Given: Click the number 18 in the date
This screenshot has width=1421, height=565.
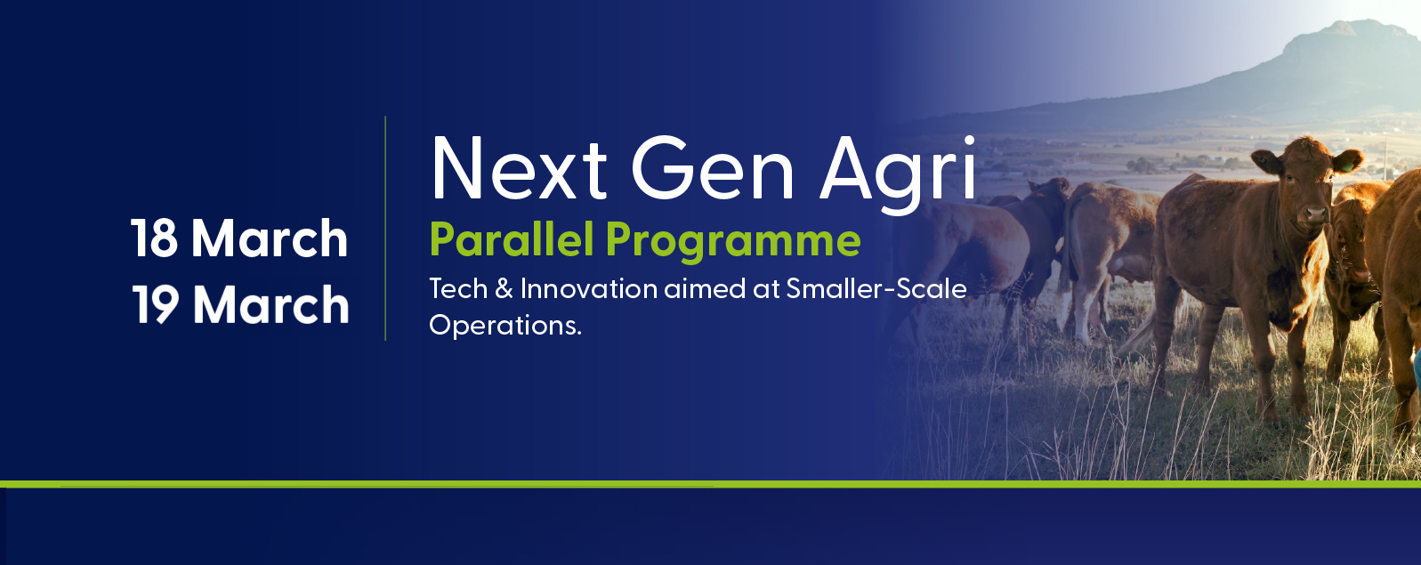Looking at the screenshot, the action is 154,238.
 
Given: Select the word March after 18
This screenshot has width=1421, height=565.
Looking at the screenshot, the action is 270,238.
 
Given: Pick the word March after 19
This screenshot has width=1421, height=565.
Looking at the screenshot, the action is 270,304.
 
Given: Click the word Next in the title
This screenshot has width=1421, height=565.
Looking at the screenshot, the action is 519,168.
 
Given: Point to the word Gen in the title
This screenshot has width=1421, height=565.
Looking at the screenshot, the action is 713,168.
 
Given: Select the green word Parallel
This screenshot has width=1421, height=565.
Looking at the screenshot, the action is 512,239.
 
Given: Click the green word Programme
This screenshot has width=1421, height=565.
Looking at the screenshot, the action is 732,241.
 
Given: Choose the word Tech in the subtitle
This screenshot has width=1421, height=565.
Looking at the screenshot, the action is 458,289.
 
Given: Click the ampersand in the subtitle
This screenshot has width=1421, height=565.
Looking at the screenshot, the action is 504,290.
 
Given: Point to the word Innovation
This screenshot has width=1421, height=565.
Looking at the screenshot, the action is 589,289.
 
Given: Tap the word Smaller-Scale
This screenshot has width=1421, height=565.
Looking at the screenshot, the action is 876,289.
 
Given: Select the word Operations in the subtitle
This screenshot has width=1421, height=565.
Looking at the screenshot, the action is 505,326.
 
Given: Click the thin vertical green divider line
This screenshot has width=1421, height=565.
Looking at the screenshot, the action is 385,229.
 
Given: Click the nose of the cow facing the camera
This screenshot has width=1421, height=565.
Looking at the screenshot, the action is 1315,215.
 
